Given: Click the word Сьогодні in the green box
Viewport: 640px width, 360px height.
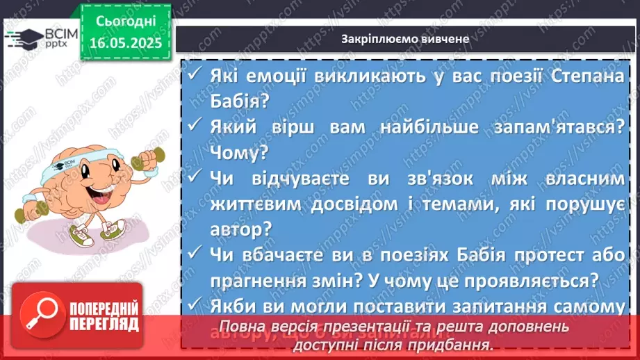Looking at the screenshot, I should pos(126,21).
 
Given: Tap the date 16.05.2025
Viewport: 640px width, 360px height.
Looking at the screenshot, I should pos(126,43).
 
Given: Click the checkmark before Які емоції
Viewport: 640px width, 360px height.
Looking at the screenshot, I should pos(194,76).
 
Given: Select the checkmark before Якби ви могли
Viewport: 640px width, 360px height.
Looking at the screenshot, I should pos(194,306).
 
